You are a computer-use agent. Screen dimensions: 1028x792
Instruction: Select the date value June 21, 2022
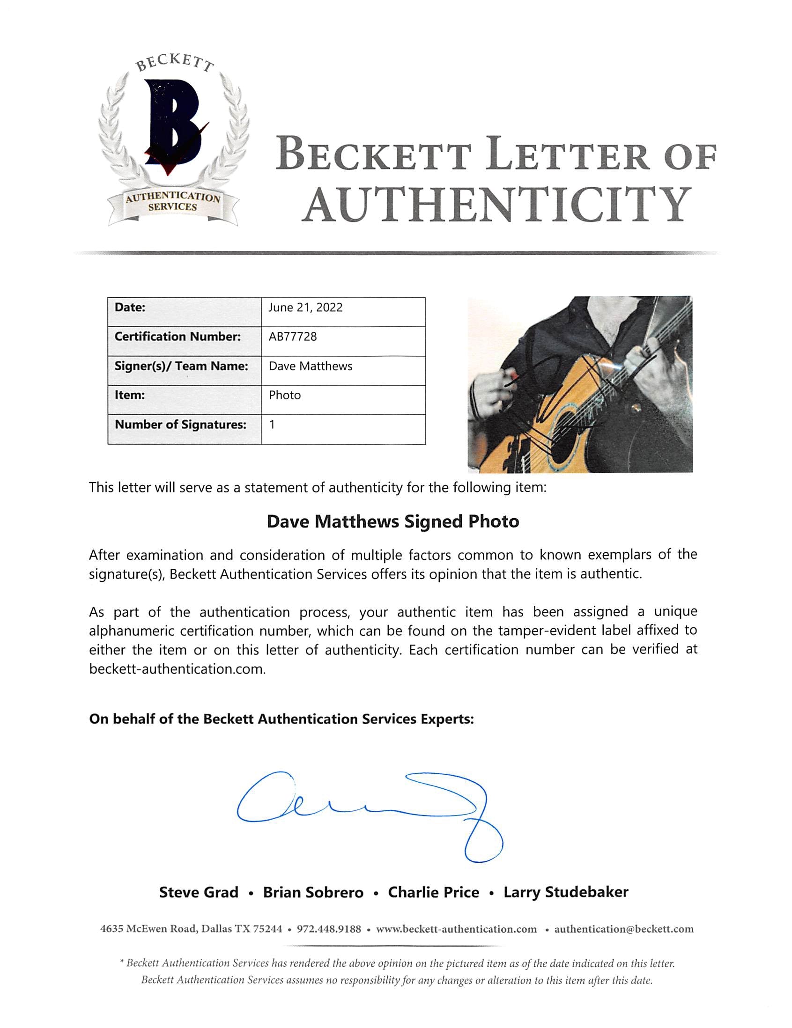click(x=305, y=308)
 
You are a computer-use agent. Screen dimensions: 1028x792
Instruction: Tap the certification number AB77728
click(x=292, y=337)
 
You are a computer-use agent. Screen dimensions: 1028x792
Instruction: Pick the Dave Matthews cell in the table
click(x=311, y=366)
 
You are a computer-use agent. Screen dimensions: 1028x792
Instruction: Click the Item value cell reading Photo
click(x=284, y=396)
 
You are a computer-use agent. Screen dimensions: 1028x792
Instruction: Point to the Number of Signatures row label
click(x=180, y=425)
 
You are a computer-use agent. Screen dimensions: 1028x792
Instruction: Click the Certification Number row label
click(x=178, y=337)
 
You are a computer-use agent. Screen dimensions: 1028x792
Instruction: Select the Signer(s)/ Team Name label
click(x=181, y=366)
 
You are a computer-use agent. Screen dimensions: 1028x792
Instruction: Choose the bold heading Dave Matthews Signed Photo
click(x=392, y=521)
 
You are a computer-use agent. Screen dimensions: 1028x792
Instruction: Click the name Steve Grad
click(x=199, y=892)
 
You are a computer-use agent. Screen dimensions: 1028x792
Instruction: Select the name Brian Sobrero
click(x=313, y=892)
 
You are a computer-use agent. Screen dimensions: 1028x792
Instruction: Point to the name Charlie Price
click(x=433, y=892)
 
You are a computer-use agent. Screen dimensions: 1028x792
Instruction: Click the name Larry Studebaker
click(x=565, y=892)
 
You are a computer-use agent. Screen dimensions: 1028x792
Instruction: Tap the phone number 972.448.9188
click(x=329, y=929)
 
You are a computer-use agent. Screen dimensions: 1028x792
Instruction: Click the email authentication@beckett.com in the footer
click(x=623, y=929)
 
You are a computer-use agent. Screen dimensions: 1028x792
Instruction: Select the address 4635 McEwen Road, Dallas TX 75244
click(x=191, y=929)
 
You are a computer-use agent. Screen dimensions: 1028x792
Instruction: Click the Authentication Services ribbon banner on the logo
click(x=172, y=203)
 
